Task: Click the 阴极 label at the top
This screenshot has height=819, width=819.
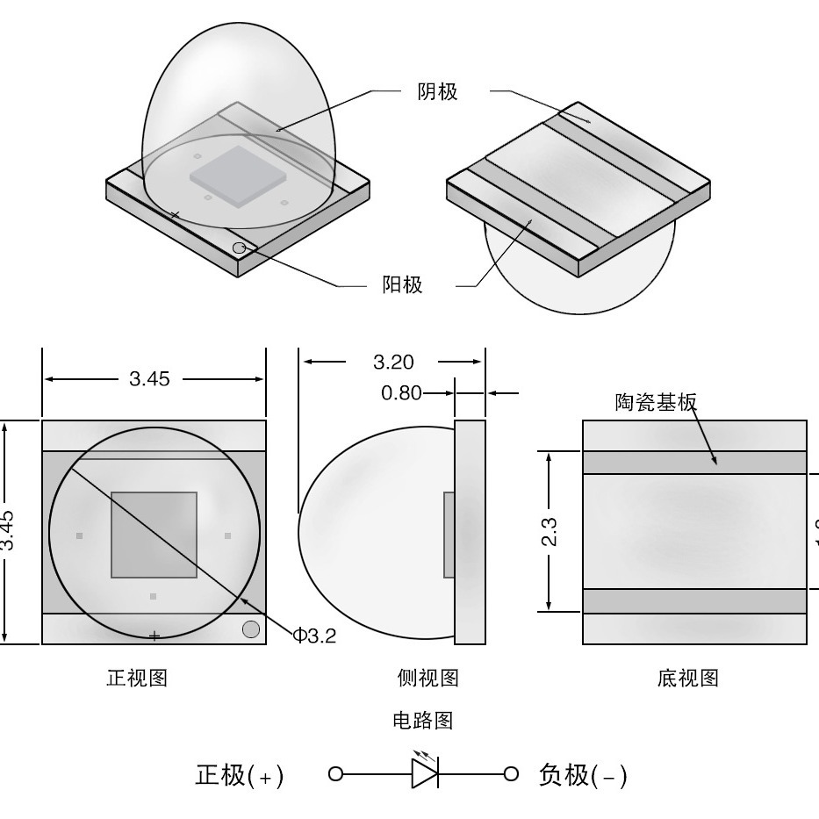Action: click(x=436, y=92)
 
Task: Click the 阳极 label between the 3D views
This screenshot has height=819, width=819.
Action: click(x=402, y=285)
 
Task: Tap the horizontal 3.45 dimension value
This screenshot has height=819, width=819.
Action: click(x=150, y=379)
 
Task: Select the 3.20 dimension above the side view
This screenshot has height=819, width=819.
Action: click(x=393, y=362)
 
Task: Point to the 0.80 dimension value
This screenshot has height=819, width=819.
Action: click(x=401, y=393)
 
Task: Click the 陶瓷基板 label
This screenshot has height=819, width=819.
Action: click(x=655, y=402)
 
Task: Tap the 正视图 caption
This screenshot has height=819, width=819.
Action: click(x=137, y=678)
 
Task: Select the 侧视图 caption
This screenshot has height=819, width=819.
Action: click(x=427, y=678)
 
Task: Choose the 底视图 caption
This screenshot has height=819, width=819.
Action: click(x=687, y=678)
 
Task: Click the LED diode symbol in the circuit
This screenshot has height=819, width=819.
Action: click(x=425, y=773)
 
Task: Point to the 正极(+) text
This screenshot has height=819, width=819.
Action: click(x=239, y=776)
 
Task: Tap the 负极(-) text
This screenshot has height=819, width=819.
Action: click(x=582, y=776)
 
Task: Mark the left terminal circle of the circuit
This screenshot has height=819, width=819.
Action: click(x=334, y=773)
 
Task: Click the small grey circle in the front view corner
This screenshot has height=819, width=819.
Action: click(x=250, y=629)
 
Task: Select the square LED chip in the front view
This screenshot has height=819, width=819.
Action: click(x=154, y=535)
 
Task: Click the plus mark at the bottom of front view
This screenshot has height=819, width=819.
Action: click(x=154, y=636)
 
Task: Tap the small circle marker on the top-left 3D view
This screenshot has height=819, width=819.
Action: click(x=239, y=248)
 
